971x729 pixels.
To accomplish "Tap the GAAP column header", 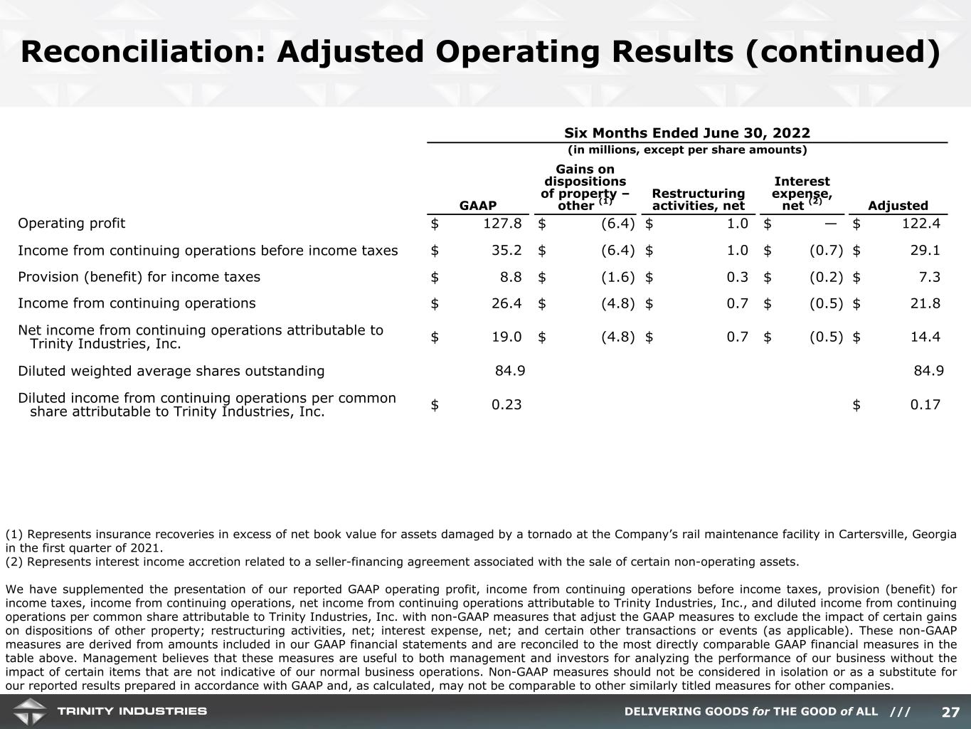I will (x=478, y=206).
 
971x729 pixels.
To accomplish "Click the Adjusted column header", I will (x=898, y=206).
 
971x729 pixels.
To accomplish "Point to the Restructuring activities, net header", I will (x=698, y=200).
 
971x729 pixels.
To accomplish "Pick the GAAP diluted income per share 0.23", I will (x=506, y=404).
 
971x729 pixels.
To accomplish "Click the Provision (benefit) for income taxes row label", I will (x=139, y=277).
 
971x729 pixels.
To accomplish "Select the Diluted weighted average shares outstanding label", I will (x=171, y=371).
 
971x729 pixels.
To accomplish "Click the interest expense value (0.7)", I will (x=826, y=251).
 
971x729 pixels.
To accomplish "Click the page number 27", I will (x=950, y=712).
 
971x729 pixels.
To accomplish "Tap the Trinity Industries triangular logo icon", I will (x=28, y=711).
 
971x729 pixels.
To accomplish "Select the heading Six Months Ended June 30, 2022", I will (x=686, y=133).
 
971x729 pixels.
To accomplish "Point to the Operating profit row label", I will (x=71, y=224).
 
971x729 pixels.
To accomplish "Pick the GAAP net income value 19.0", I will (x=506, y=337).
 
